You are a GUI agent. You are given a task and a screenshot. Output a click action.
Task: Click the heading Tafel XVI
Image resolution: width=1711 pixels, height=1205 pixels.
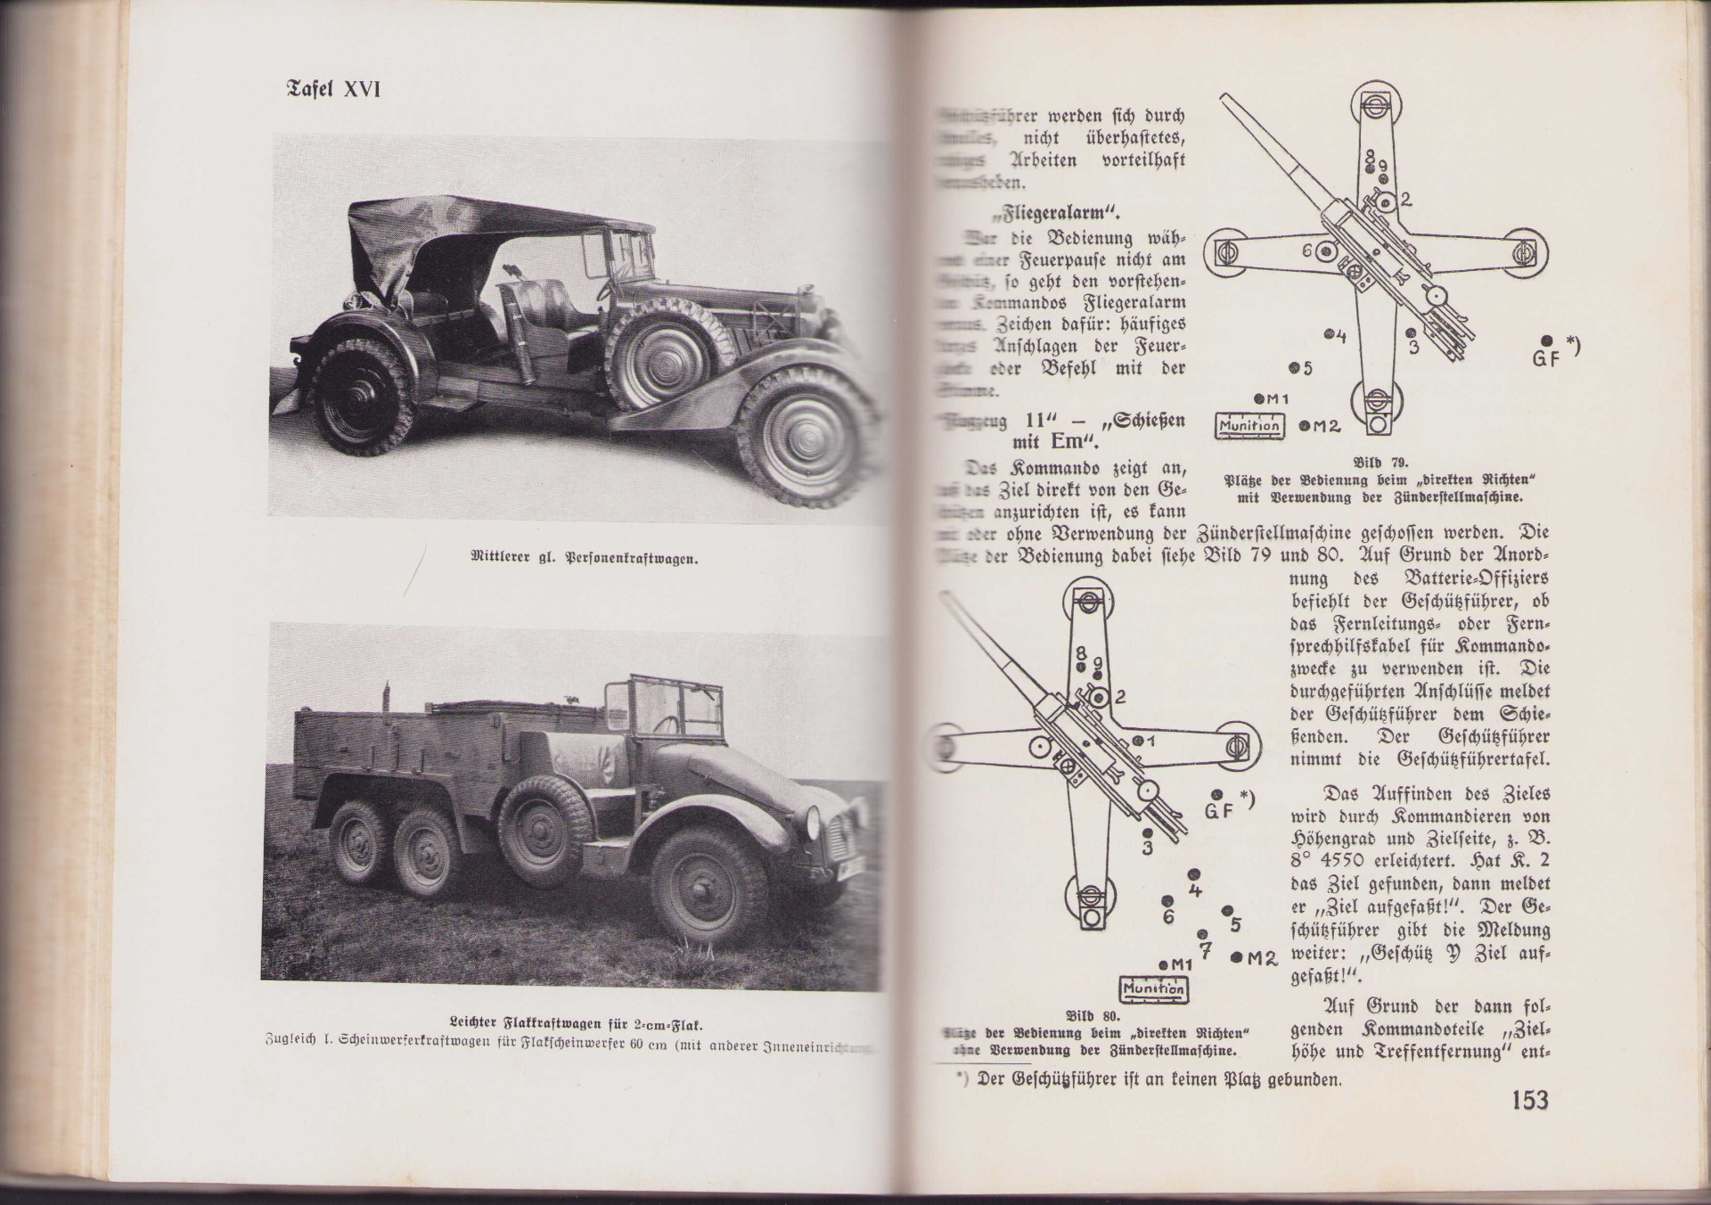pyautogui.click(x=332, y=90)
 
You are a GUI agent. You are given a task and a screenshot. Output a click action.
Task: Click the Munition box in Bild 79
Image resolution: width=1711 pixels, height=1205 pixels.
pyautogui.click(x=1250, y=426)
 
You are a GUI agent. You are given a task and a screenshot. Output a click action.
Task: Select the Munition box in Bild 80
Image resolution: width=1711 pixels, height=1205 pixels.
pyautogui.click(x=1153, y=988)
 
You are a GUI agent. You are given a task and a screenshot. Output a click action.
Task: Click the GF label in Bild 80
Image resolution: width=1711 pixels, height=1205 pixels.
pyautogui.click(x=1218, y=811)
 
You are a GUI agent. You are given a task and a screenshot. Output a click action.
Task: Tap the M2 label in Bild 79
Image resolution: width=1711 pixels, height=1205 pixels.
pyautogui.click(x=1325, y=426)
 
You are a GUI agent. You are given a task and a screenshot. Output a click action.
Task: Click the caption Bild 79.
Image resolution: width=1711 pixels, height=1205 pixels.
pyautogui.click(x=1379, y=463)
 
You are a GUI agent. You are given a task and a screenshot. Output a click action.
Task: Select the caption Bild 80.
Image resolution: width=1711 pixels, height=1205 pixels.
pyautogui.click(x=1093, y=1015)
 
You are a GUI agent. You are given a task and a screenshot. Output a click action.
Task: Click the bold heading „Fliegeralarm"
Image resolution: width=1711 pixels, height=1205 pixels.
pyautogui.click(x=1081, y=213)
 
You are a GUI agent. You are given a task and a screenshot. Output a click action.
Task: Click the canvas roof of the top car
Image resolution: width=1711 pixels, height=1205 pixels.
pyautogui.click(x=463, y=224)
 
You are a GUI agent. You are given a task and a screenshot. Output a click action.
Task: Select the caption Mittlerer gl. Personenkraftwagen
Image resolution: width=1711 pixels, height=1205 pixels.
pyautogui.click(x=584, y=560)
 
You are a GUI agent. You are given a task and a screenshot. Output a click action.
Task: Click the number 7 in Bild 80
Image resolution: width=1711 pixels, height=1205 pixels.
pyautogui.click(x=1205, y=950)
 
